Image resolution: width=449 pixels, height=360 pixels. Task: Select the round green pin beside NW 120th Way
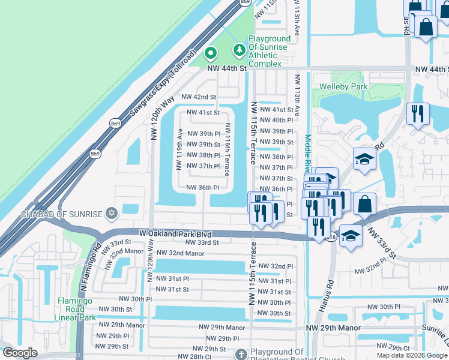tap(210, 54)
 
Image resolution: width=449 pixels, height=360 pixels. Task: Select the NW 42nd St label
tap(198, 97)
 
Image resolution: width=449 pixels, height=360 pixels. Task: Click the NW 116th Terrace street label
tap(228, 149)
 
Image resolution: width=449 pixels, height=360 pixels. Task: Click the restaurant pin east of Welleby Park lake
tap(417, 112)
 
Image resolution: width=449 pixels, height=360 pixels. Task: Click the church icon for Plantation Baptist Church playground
tap(241, 355)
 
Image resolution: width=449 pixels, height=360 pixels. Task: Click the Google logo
tap(20, 353)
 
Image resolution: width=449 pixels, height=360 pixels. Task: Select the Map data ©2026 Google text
tap(411, 355)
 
